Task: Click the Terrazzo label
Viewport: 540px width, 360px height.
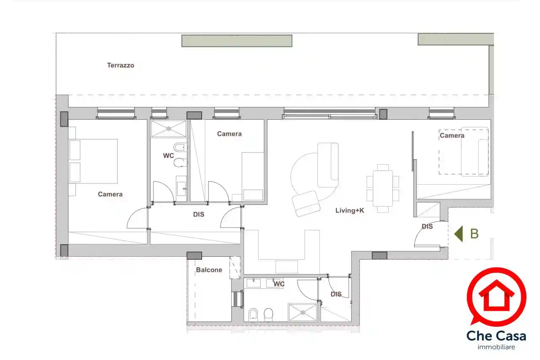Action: coord(120,65)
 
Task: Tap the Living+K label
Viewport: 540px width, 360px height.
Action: coord(349,210)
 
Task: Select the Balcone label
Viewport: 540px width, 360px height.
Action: coord(209,270)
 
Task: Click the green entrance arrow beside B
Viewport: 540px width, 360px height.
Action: coord(458,234)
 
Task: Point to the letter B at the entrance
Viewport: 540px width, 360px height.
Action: coord(474,234)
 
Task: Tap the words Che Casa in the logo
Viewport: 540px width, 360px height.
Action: coord(496,336)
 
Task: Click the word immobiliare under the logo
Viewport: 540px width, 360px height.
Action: coord(496,347)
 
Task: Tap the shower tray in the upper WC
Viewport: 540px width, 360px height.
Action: coord(168,129)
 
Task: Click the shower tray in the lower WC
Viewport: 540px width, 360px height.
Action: coord(302,312)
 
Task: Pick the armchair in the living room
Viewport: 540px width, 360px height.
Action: coord(307,203)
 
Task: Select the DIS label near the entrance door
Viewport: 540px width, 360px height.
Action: coord(427,226)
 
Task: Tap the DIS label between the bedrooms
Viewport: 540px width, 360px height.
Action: coord(199,214)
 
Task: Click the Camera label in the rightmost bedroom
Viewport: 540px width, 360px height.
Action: coord(452,135)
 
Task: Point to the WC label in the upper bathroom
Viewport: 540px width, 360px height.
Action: coord(168,156)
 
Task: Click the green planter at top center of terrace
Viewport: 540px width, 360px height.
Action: coord(237,41)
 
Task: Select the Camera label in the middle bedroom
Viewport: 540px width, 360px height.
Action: coord(229,134)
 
